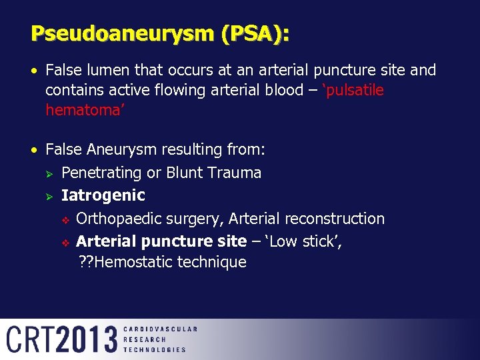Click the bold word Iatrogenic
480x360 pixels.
click(x=103, y=195)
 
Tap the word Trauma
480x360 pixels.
click(x=233, y=173)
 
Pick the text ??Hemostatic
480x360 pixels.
click(x=125, y=262)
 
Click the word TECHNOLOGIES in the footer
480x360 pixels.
click(x=155, y=349)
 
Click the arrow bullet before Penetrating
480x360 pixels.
click(x=49, y=173)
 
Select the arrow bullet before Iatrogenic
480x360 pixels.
click(x=49, y=196)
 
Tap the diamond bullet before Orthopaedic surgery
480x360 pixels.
click(x=65, y=219)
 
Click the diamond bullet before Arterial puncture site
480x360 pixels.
click(x=65, y=242)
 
